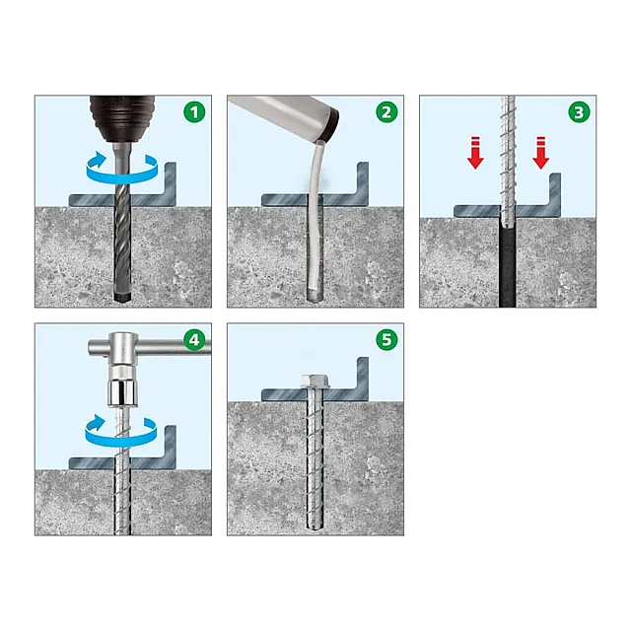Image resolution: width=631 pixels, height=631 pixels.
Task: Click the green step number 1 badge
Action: click(194, 112)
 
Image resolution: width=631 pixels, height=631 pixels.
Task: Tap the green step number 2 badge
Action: click(386, 112)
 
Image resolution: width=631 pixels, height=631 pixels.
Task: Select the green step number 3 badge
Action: click(579, 112)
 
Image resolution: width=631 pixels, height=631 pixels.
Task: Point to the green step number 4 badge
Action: click(194, 340)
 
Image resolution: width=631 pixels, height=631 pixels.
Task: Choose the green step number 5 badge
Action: click(386, 340)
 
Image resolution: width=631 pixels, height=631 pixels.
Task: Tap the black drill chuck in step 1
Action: click(122, 115)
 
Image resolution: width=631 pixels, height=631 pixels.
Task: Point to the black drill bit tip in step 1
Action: click(122, 298)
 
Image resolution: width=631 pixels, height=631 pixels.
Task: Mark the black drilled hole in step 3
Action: click(507, 262)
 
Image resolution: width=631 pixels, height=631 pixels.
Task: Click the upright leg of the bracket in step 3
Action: click(555, 195)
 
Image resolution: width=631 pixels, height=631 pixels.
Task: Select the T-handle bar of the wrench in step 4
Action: click(150, 346)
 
